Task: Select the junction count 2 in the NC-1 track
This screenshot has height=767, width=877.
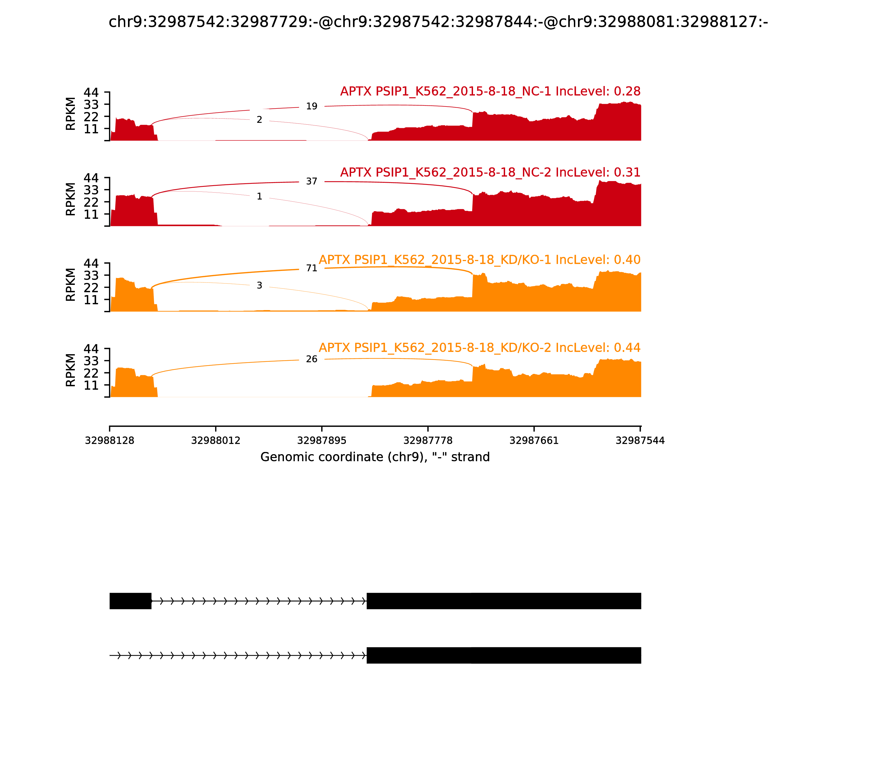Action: (x=259, y=120)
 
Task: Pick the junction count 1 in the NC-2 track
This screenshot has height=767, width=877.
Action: (x=259, y=196)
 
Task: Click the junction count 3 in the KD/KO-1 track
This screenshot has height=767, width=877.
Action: (x=259, y=285)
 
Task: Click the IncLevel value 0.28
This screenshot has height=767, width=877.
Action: (x=627, y=91)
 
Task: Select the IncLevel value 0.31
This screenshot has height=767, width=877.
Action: (x=627, y=172)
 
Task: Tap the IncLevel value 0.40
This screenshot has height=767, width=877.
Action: (x=627, y=260)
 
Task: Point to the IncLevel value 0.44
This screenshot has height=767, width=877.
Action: (x=627, y=348)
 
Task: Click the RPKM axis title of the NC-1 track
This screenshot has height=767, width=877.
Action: (x=71, y=114)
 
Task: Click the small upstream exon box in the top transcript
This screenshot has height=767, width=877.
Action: (x=130, y=601)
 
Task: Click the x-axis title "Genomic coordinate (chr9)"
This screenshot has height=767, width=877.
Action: (x=375, y=457)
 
